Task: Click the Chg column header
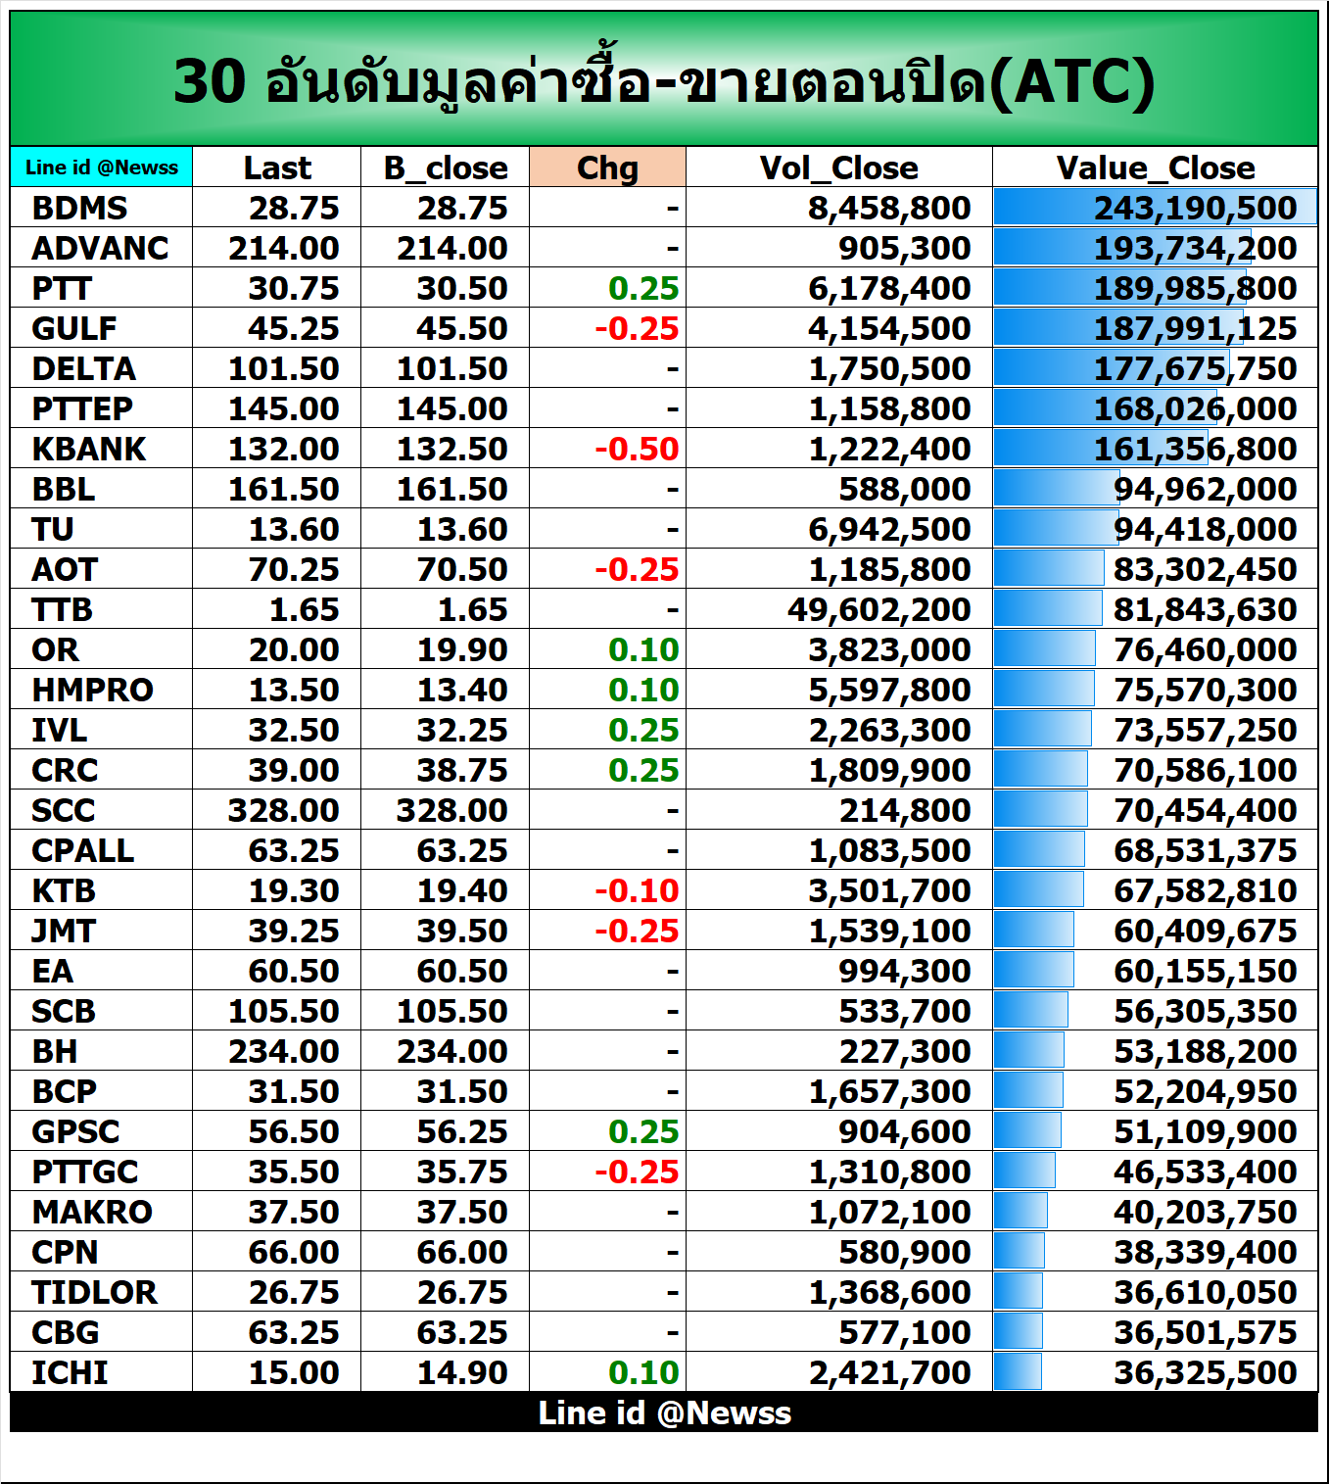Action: (607, 168)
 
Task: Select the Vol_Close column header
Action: (838, 168)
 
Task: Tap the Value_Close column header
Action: (1155, 168)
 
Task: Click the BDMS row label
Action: (79, 208)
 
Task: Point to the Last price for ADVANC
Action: (284, 248)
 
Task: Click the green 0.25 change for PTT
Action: (642, 288)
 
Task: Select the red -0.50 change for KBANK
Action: (637, 449)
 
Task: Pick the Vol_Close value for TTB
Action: (878, 609)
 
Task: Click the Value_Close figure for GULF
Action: (1195, 328)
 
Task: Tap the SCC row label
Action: (64, 810)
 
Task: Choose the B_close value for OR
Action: (462, 649)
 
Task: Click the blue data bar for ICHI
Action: (1018, 1372)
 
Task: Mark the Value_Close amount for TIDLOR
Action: (1205, 1292)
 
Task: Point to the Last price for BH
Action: (284, 1051)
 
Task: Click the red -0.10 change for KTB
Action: (637, 890)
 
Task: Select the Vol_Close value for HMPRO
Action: (889, 690)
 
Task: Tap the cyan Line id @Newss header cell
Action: (102, 168)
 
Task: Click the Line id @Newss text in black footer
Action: (664, 1412)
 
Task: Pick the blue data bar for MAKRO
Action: (1020, 1212)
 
